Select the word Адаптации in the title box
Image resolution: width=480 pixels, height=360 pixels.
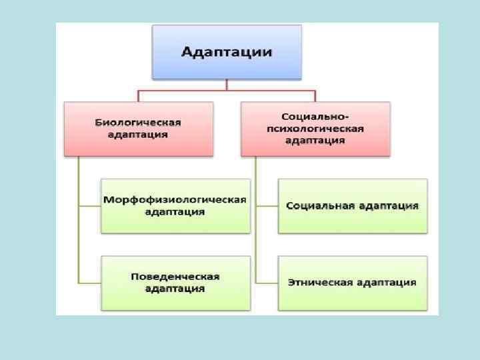click(227, 52)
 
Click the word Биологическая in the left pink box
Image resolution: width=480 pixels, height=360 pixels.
click(138, 123)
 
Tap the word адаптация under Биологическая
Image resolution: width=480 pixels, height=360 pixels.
click(138, 134)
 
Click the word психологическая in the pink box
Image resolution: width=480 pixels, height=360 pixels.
click(315, 128)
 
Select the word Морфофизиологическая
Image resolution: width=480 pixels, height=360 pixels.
click(175, 200)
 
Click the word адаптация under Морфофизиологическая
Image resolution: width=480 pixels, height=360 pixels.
click(175, 212)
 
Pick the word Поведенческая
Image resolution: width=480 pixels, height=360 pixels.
click(175, 277)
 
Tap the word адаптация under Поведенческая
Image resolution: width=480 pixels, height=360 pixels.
click(175, 289)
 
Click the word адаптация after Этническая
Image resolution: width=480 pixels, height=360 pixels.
click(387, 283)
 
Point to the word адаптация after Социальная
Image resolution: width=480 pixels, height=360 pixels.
click(390, 206)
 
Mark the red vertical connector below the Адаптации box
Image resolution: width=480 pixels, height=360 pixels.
click(227, 84)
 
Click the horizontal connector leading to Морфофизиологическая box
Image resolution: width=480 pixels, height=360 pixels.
click(89, 206)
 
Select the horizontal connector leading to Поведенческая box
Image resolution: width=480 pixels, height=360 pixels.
click(89, 283)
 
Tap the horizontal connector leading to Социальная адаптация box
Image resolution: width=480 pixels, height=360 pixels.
click(267, 206)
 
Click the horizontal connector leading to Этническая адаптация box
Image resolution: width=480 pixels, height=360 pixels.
click(267, 283)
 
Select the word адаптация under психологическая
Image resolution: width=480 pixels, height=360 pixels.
click(315, 140)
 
